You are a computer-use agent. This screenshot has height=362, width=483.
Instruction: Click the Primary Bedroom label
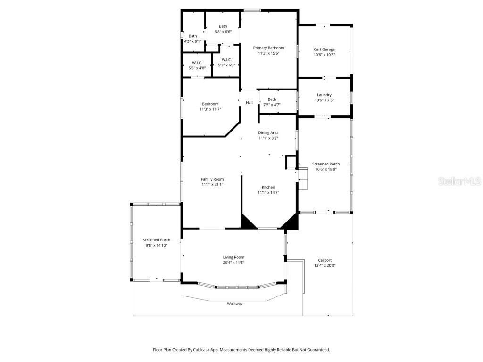point(268,48)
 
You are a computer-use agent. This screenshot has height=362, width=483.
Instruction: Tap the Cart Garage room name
point(324,49)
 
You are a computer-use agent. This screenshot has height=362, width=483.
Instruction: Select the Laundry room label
point(324,95)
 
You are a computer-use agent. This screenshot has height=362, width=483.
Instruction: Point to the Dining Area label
point(268,132)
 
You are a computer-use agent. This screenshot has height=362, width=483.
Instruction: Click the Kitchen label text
point(268,187)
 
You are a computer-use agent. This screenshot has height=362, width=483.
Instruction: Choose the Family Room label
point(212,179)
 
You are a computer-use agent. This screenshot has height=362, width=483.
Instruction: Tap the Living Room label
point(233,257)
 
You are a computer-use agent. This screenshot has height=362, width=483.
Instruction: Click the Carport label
point(325,260)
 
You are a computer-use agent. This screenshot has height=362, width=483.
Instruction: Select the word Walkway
point(234,304)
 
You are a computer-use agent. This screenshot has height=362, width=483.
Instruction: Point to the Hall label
point(249,103)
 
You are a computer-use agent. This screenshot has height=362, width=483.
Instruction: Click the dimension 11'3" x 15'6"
point(268,53)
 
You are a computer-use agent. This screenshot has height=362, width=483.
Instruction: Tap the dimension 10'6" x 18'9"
point(325,169)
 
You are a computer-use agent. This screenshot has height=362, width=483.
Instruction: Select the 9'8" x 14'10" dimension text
point(156,245)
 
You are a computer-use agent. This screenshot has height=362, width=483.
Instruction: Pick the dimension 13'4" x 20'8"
point(325,265)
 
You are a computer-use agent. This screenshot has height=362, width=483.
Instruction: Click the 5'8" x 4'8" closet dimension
point(197,68)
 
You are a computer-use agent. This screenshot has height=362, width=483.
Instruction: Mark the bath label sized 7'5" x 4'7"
point(272,99)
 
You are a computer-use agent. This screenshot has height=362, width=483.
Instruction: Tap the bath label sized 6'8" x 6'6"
point(223,26)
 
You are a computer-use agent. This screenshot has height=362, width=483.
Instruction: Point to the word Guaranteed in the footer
point(318,350)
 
